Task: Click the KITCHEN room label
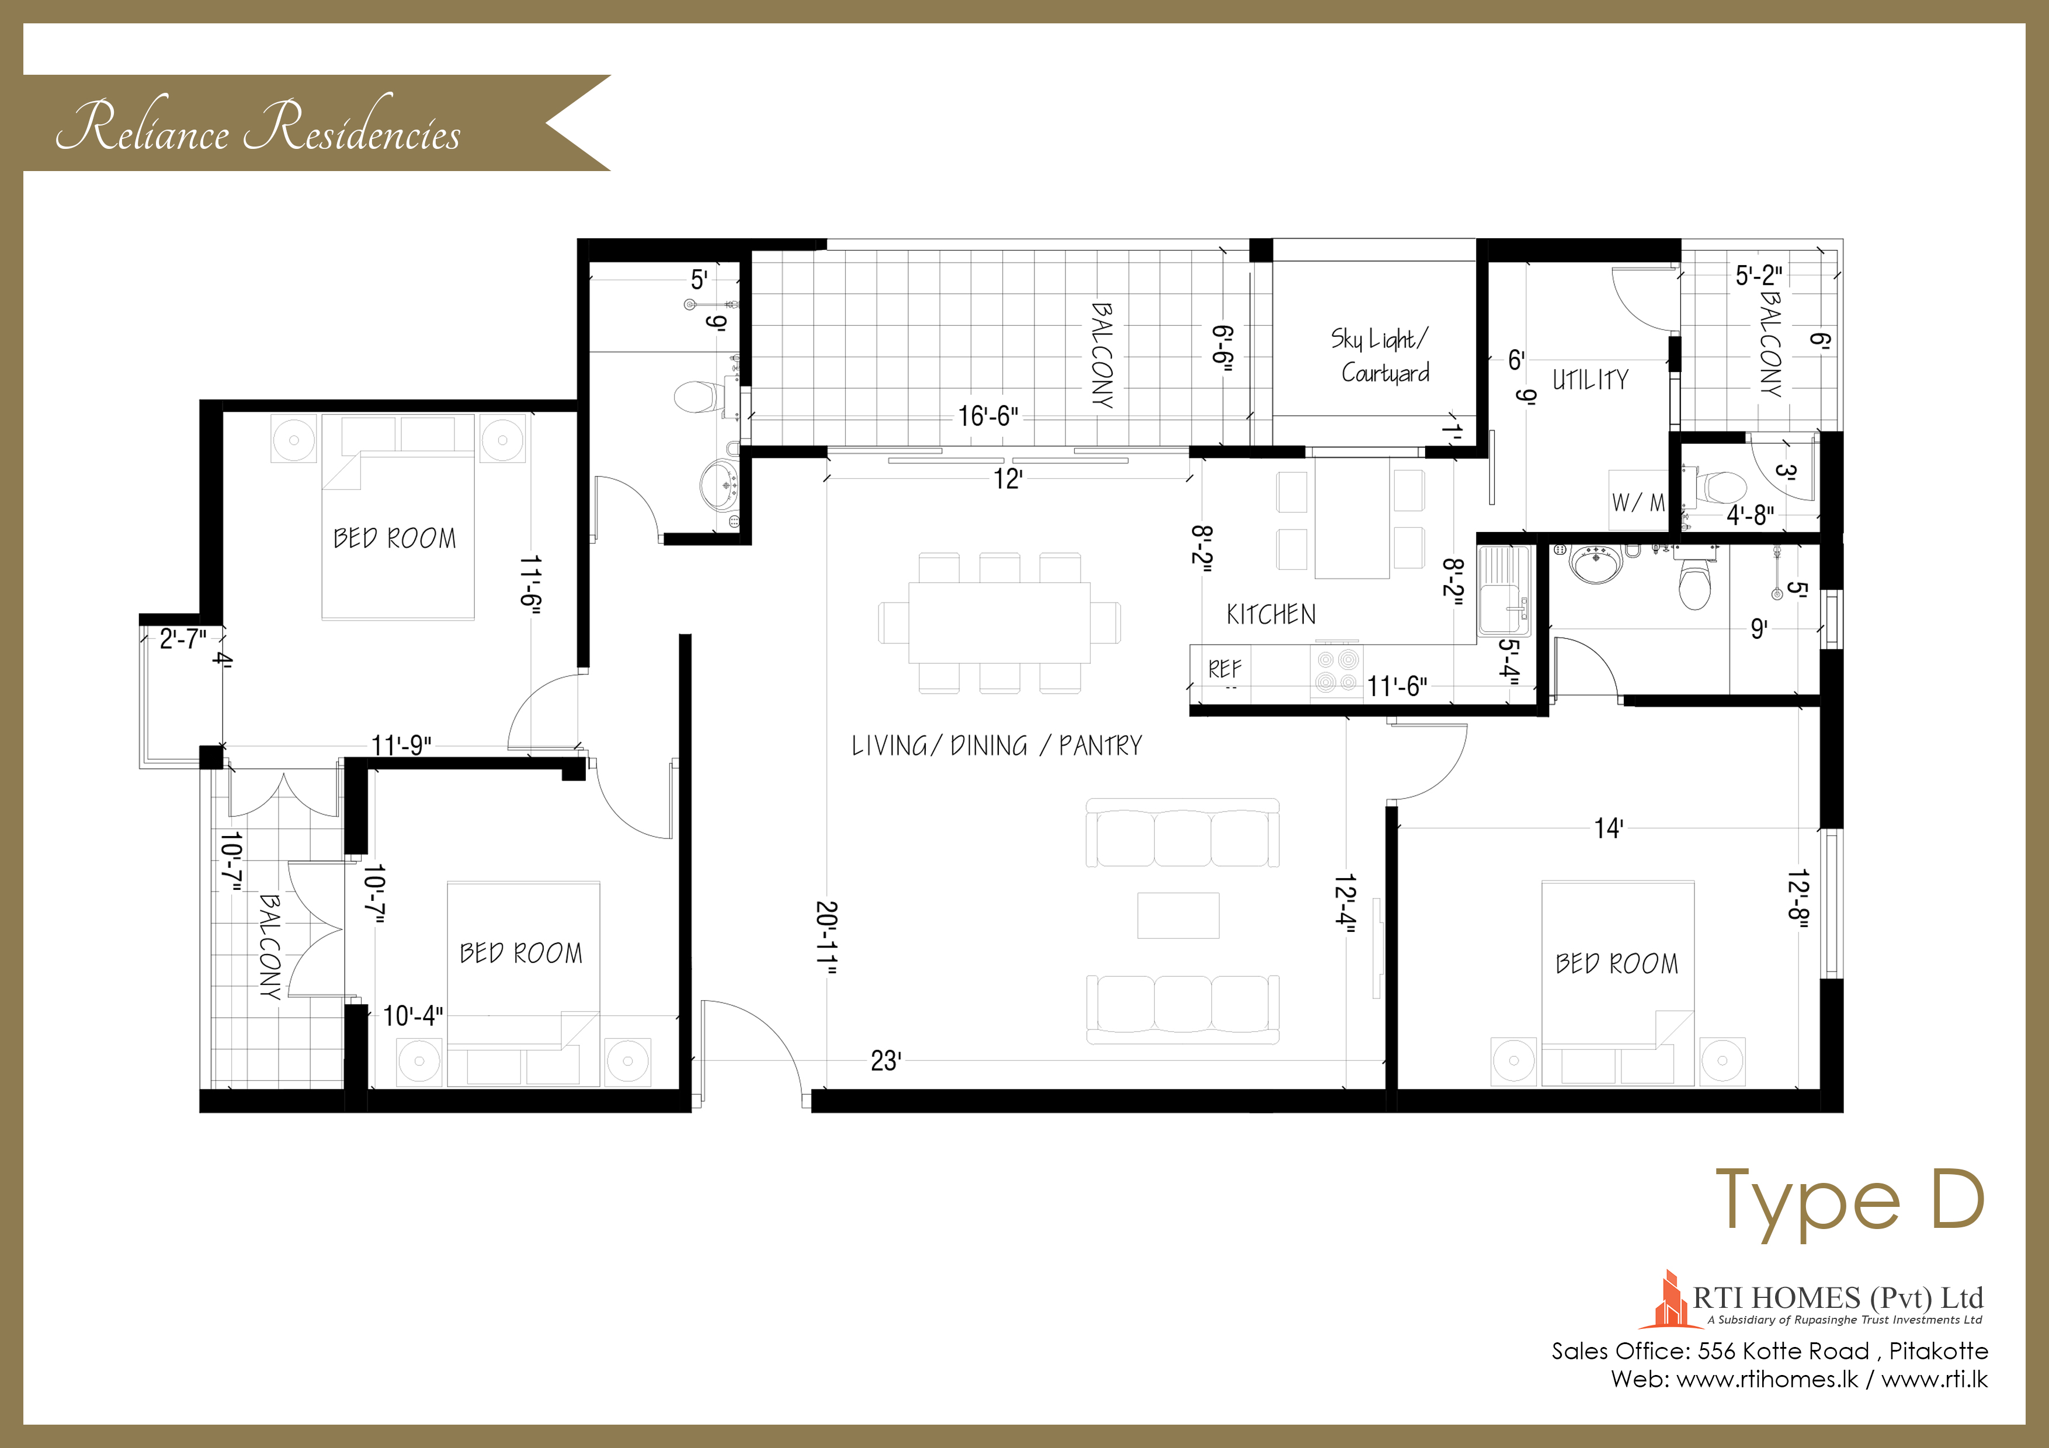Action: tap(1271, 615)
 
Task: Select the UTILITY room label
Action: tap(1590, 380)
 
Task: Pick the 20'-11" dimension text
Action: tap(826, 938)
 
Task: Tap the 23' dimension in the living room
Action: tap(886, 1061)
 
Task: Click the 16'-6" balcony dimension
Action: tap(988, 416)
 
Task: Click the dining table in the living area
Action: tap(999, 623)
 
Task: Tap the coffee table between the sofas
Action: tap(1178, 916)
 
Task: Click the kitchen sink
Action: tap(1505, 591)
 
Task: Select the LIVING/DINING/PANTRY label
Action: tap(997, 746)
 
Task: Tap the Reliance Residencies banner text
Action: tap(259, 128)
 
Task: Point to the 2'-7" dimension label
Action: tap(183, 639)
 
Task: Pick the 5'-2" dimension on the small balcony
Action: tap(1759, 276)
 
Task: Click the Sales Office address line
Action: tap(1770, 1350)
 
